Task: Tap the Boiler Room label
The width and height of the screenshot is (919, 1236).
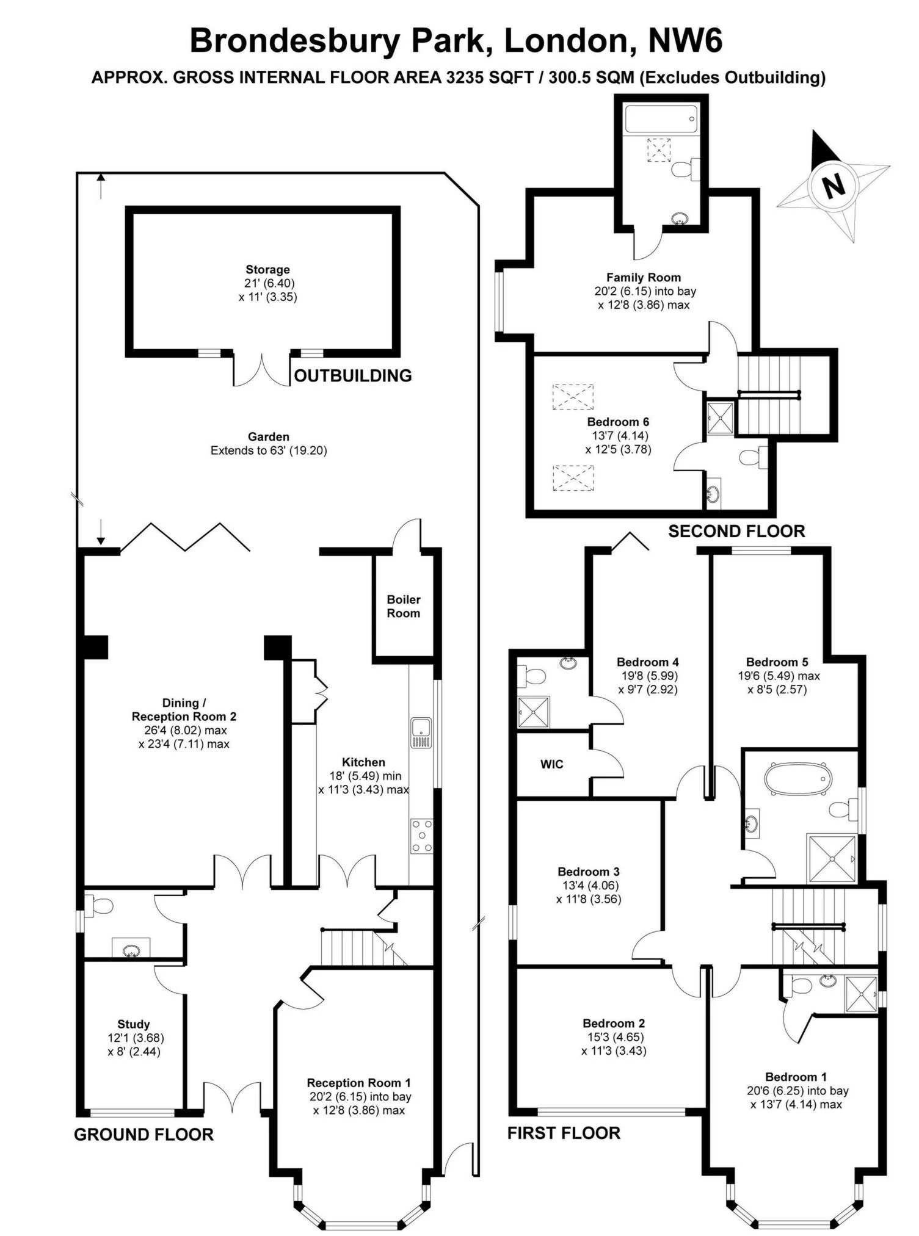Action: pos(403,606)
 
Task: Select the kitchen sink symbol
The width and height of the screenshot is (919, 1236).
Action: pos(421,732)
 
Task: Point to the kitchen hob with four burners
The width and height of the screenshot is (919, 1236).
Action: pos(421,836)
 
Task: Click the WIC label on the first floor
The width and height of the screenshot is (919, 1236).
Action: pos(551,764)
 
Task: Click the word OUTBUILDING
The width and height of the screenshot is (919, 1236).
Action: pos(353,375)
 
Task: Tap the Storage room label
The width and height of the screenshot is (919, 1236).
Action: pos(267,270)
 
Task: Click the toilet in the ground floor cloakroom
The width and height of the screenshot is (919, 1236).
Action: pos(98,906)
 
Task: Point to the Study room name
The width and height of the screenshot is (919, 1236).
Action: pos(134,1024)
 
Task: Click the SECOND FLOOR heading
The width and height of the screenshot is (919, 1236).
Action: pos(736,531)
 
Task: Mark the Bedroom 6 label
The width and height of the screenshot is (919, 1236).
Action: pos(618,422)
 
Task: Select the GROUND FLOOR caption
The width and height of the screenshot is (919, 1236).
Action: pos(143,1134)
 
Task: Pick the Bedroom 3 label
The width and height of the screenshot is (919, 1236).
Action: pos(589,872)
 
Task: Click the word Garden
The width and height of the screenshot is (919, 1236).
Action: pos(269,436)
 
